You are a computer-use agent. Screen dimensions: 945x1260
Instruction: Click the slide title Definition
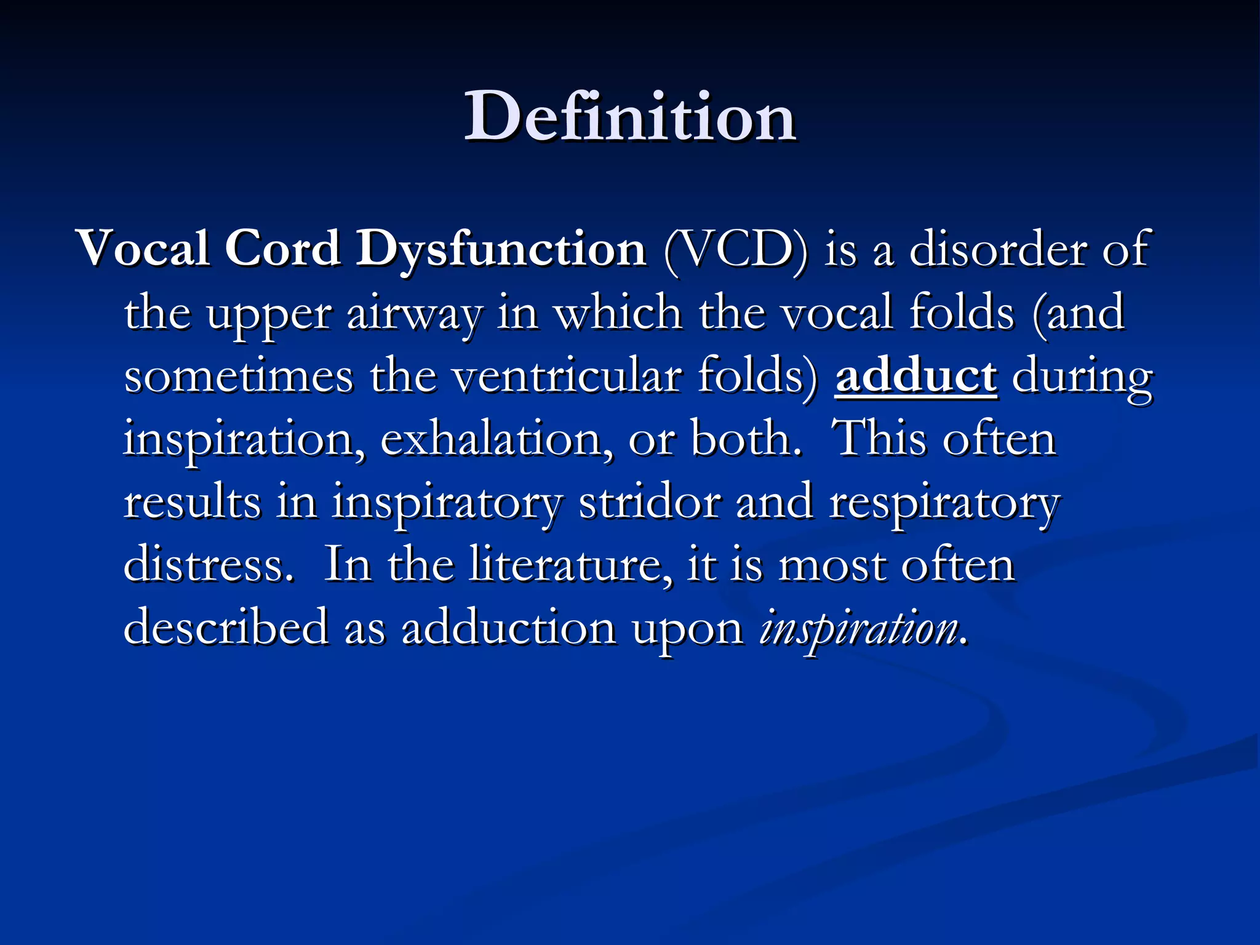(x=630, y=117)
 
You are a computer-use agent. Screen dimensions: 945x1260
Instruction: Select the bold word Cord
(x=282, y=249)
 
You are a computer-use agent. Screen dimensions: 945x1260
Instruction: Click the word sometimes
(x=239, y=376)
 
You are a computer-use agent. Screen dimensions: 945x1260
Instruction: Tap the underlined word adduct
(x=915, y=376)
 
